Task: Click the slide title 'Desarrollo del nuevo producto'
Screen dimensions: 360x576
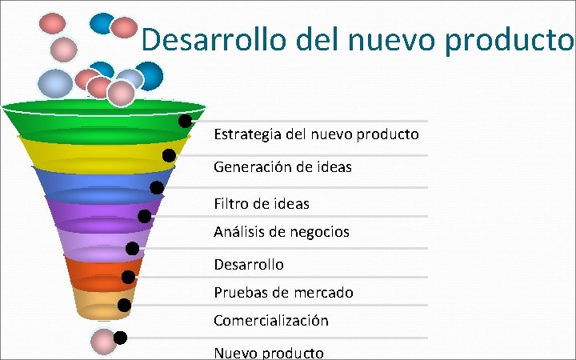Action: tap(358, 40)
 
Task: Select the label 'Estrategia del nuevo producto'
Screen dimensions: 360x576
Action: tap(316, 134)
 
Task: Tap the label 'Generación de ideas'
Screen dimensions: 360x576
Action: tap(282, 167)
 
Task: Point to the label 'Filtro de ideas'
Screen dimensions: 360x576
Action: tap(262, 204)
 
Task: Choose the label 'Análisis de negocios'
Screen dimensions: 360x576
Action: tap(282, 232)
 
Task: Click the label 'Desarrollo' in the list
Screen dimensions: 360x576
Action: tap(249, 264)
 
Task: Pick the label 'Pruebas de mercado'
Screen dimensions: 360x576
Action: tap(283, 293)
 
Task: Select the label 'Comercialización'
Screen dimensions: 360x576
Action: tap(271, 321)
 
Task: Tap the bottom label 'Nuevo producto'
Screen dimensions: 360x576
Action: tap(269, 353)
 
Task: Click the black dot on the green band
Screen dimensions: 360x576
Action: tap(185, 122)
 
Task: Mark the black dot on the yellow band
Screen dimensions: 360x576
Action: tap(169, 155)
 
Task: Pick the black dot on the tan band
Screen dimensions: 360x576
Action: tap(124, 305)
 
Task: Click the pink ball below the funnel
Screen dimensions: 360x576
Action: tap(103, 341)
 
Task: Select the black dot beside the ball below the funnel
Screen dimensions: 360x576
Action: tap(120, 337)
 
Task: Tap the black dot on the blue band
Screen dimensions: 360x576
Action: tap(157, 188)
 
